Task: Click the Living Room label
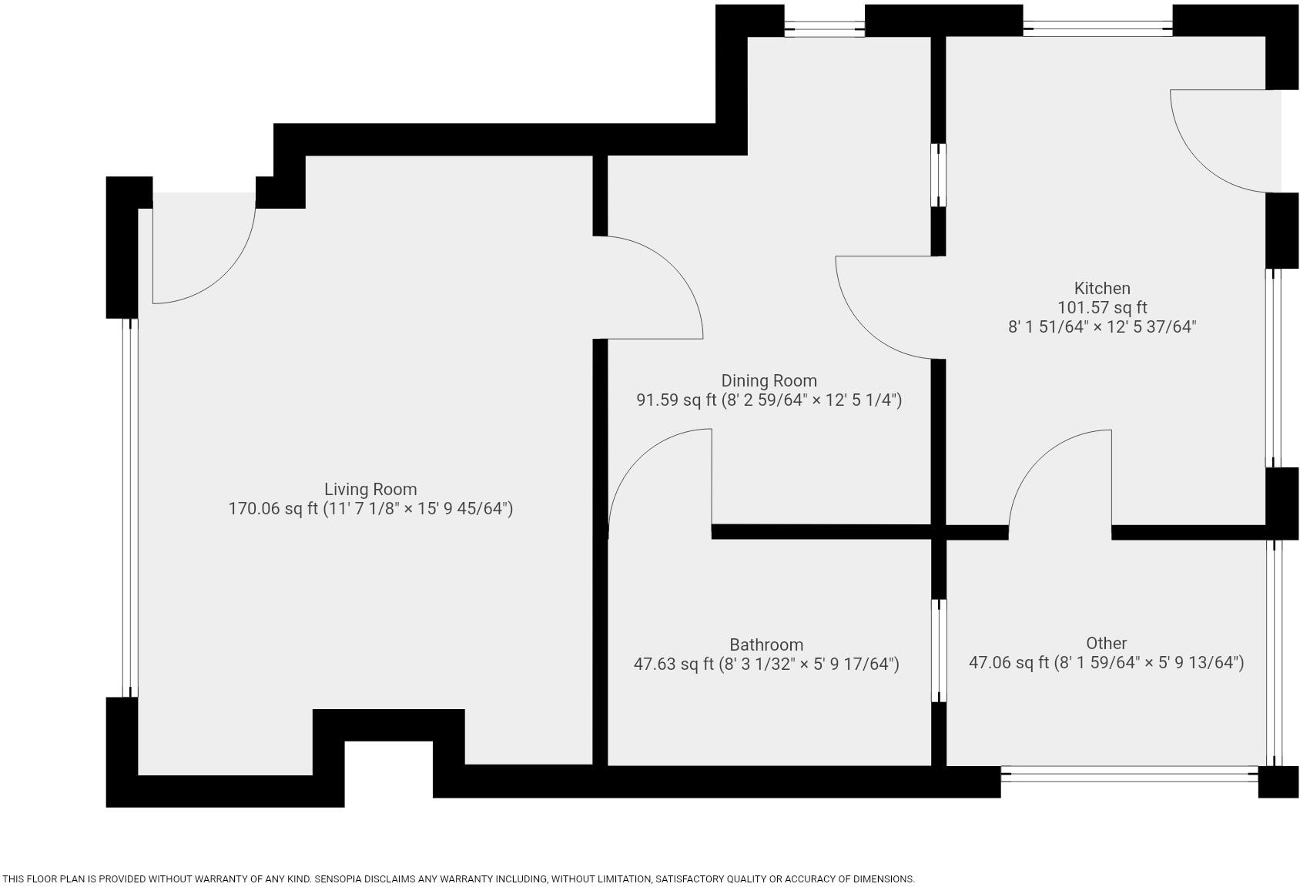(370, 489)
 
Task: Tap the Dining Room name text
(769, 380)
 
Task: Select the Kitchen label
(1102, 288)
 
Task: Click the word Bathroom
(766, 644)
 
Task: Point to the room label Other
(1106, 643)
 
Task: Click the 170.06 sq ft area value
(273, 509)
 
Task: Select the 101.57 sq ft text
(1102, 308)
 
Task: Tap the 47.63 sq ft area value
(673, 664)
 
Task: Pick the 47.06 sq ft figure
(1008, 662)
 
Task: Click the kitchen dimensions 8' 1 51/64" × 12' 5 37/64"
(1102, 327)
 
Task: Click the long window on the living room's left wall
(130, 508)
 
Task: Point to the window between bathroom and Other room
(939, 651)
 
